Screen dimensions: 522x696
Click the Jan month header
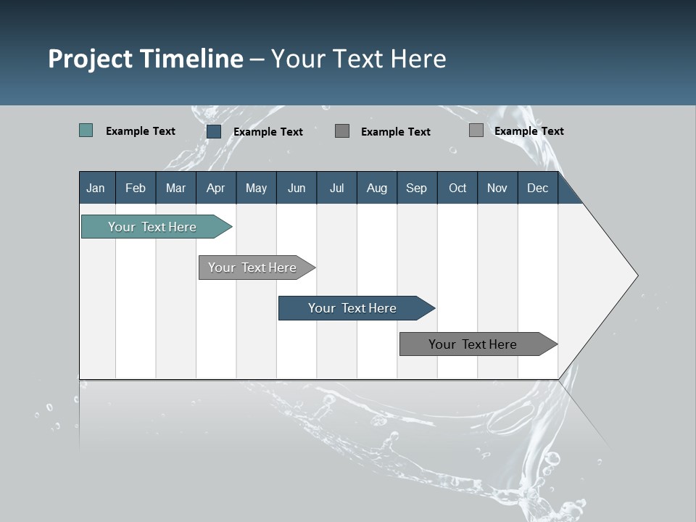click(96, 188)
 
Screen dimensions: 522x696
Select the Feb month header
click(136, 188)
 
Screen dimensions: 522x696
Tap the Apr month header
click(216, 188)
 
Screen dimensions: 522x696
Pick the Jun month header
click(297, 188)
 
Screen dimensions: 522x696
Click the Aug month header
click(377, 188)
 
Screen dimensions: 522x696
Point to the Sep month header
click(417, 188)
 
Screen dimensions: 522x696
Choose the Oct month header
click(457, 188)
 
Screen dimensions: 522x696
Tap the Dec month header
click(538, 188)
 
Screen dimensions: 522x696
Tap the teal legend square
click(86, 130)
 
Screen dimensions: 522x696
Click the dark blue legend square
click(214, 131)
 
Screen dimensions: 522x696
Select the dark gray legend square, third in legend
click(342, 130)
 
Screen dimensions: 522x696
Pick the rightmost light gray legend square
click(476, 130)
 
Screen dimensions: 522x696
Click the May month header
click(256, 188)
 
